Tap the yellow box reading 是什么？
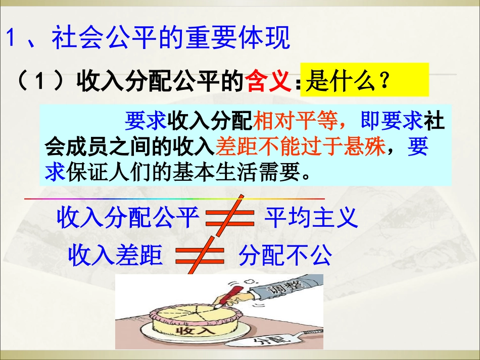[x=364, y=80]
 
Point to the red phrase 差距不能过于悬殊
[x=300, y=146]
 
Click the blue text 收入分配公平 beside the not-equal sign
[x=127, y=218]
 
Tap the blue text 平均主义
[x=311, y=218]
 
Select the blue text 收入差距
[x=116, y=254]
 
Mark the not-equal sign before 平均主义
[x=230, y=218]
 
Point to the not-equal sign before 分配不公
[x=200, y=255]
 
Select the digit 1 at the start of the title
[x=11, y=39]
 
